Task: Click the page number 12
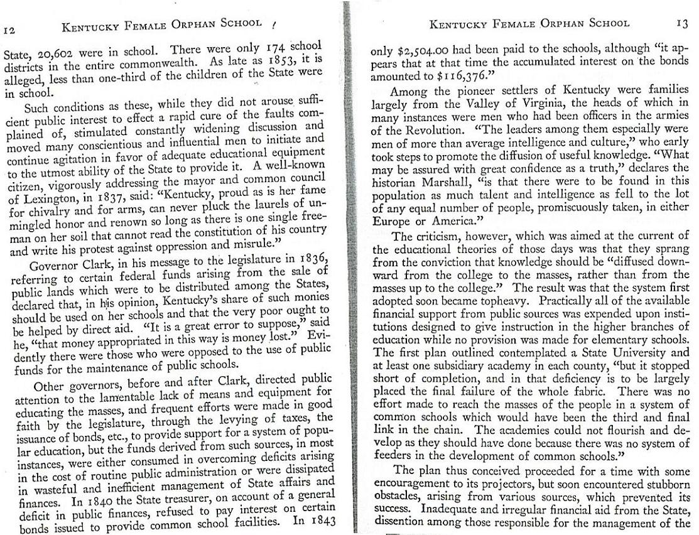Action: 9,30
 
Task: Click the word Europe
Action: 392,221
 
